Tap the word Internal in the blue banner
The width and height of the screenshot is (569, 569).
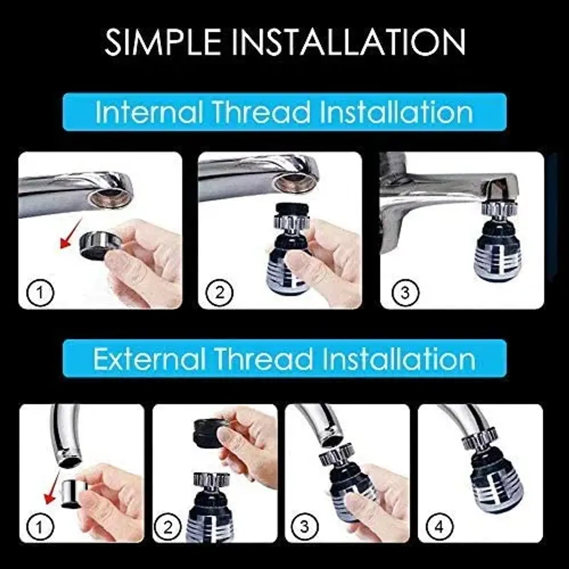click(x=149, y=112)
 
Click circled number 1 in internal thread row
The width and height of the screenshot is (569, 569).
click(x=40, y=293)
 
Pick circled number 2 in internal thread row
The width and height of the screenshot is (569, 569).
click(x=219, y=293)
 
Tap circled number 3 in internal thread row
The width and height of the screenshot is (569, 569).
click(x=405, y=293)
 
